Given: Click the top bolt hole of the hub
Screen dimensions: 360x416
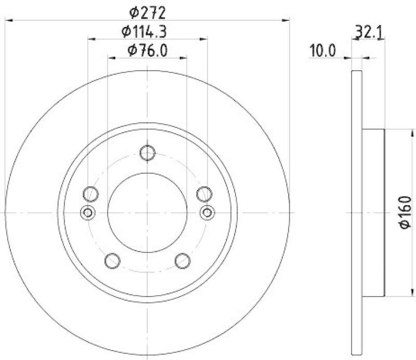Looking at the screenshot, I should [148, 152].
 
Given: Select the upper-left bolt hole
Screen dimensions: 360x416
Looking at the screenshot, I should [90, 194].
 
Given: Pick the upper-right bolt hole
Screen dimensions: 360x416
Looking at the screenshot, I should [204, 194].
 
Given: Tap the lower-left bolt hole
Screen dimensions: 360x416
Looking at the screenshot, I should [112, 260].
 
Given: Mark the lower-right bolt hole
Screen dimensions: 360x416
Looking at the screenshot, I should [183, 260].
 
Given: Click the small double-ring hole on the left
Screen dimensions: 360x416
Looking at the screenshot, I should [88, 212].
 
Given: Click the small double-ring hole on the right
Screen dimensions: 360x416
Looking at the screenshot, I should [207, 212].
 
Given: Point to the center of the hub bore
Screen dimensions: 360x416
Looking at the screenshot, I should [148, 212].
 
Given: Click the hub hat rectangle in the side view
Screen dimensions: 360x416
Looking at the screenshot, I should [373, 212].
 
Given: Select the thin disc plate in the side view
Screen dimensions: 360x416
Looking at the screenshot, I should [357, 212].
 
